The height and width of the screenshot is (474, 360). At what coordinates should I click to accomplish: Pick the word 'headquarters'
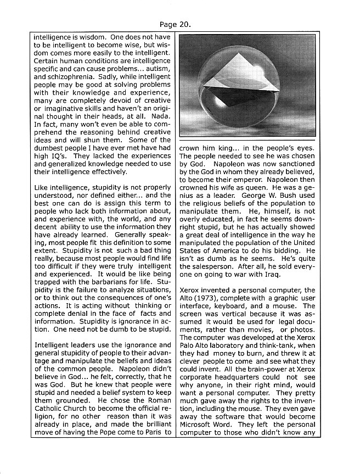[239, 381]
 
